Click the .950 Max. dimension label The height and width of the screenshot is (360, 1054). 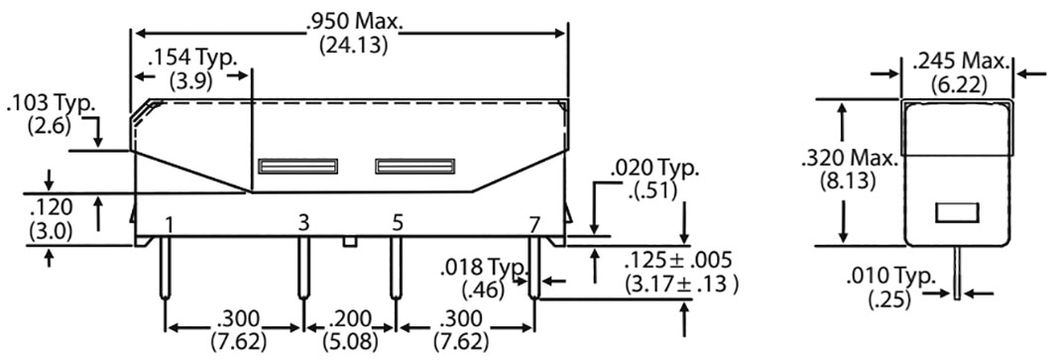point(350,22)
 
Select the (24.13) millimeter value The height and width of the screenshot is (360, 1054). point(350,46)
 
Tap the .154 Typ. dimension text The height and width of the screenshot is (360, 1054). point(191,59)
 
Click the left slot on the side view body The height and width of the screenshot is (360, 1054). point(297,167)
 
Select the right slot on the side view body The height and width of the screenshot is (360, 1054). point(414,167)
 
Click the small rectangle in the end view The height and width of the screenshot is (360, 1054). point(957,211)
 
